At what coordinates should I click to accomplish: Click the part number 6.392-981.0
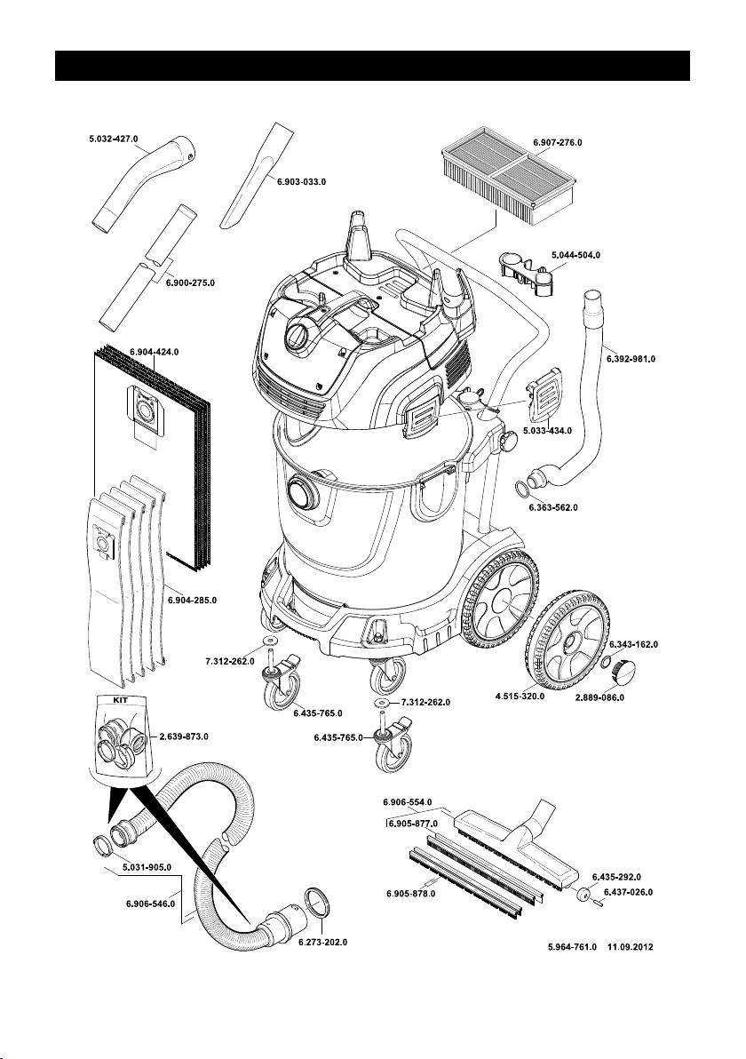[x=630, y=359]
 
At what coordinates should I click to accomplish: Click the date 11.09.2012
[x=631, y=947]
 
